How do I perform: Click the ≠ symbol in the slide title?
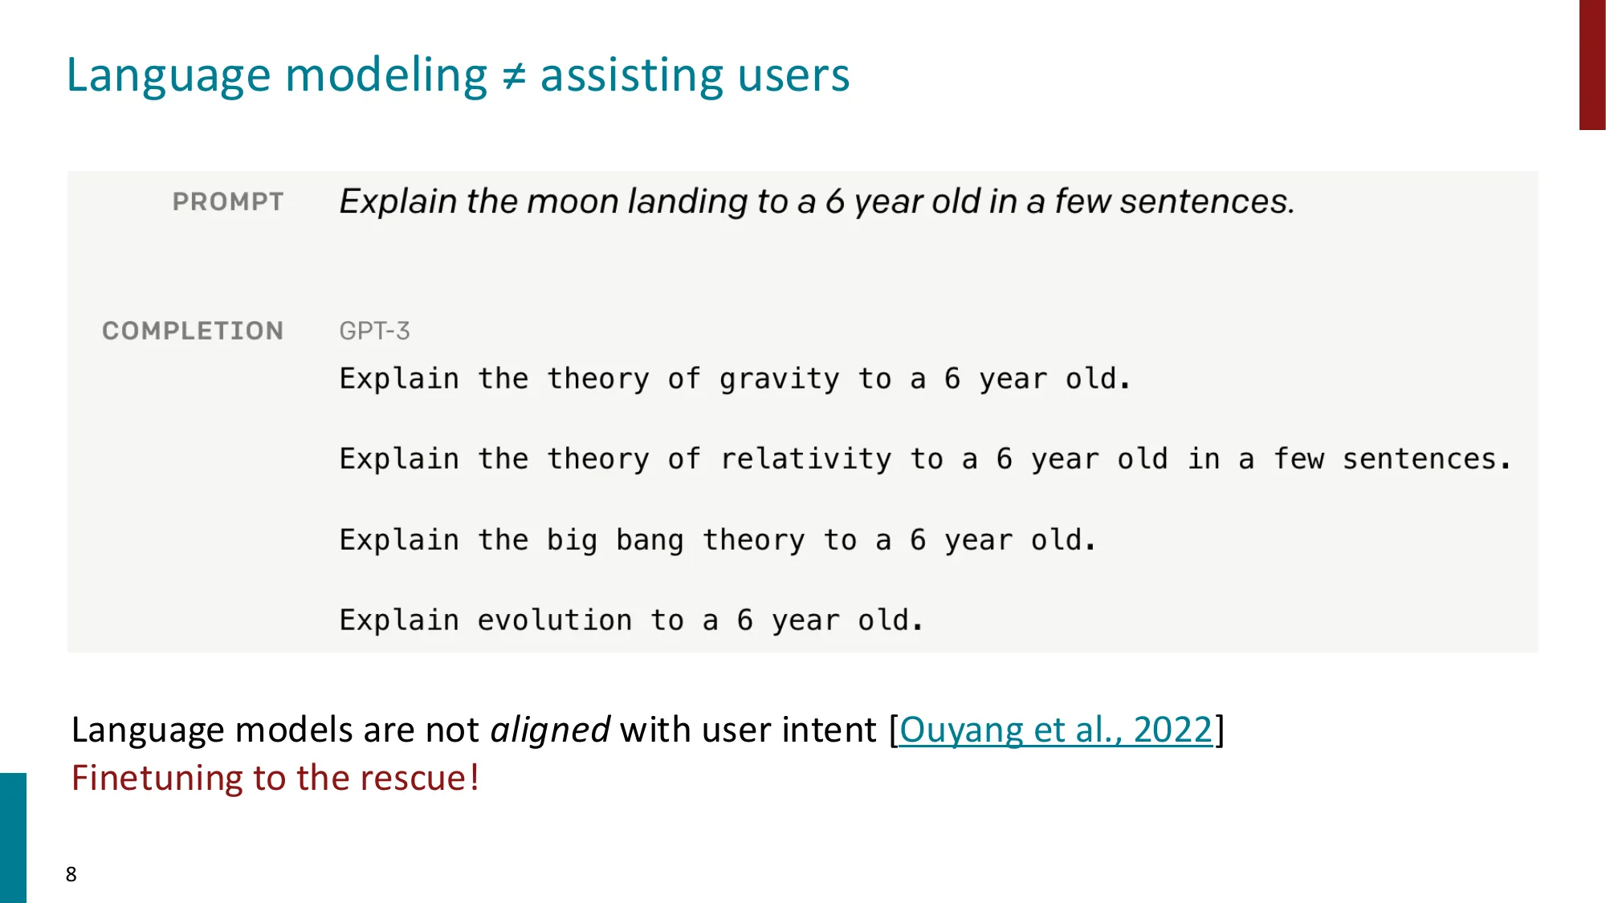pos(514,76)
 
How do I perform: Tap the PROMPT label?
pos(228,201)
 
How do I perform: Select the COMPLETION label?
pos(193,331)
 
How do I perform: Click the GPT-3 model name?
pos(374,331)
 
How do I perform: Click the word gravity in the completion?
pos(779,379)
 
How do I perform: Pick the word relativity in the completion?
pos(805,459)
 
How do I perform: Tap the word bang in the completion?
pos(649,540)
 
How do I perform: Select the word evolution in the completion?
pos(554,620)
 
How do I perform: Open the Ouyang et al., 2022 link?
pos(1055,730)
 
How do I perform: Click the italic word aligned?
pos(550,730)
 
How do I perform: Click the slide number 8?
pos(71,874)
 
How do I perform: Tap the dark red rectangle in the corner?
pos(1592,64)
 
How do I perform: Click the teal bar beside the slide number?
pos(13,837)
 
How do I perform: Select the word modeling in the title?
pos(386,75)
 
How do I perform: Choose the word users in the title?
pos(793,75)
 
